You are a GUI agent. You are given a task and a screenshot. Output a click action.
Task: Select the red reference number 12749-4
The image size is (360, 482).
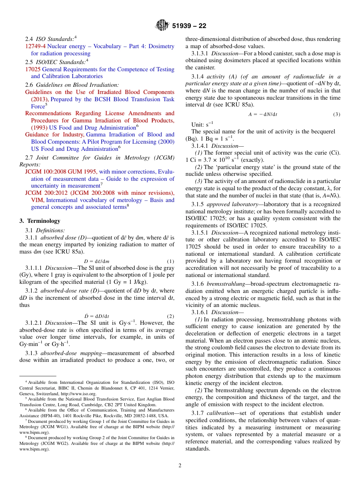(35, 46)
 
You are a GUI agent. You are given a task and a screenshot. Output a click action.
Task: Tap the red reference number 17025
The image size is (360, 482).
(33, 69)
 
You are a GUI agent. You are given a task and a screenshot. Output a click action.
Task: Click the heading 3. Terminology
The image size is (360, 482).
(40, 221)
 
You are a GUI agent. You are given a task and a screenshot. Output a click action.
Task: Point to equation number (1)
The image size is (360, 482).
(171, 261)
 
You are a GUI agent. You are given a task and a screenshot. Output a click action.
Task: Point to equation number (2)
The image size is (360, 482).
(171, 316)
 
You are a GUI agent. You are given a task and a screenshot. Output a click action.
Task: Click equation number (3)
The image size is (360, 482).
(337, 114)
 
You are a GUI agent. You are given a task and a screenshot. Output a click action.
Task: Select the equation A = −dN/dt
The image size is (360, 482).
(263, 114)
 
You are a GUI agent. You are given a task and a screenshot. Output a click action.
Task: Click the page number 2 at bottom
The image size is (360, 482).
(180, 465)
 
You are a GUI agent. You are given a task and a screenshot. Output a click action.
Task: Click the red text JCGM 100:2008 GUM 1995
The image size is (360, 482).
(61, 172)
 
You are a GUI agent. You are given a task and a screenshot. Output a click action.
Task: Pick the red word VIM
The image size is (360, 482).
(37, 200)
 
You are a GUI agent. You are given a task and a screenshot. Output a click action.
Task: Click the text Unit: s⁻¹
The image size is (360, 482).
(202, 124)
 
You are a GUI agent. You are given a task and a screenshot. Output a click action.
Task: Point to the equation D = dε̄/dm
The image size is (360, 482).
(97, 261)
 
